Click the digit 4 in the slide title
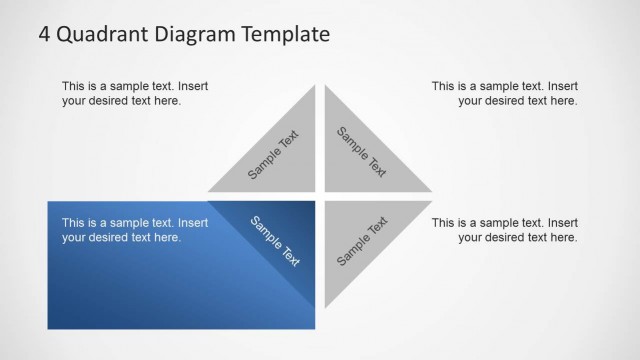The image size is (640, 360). (x=45, y=35)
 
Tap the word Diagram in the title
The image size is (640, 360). (x=187, y=36)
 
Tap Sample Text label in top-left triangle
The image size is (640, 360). (x=273, y=155)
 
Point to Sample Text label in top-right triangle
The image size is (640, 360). (x=361, y=152)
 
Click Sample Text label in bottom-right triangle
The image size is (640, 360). (x=362, y=241)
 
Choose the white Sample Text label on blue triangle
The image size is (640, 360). (x=275, y=241)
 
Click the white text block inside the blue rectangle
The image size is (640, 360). (x=134, y=230)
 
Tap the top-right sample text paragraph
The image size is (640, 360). (x=504, y=93)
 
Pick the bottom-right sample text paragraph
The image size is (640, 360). (x=504, y=230)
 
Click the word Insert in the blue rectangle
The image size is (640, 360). (x=192, y=223)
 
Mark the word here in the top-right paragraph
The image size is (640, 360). (x=564, y=101)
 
